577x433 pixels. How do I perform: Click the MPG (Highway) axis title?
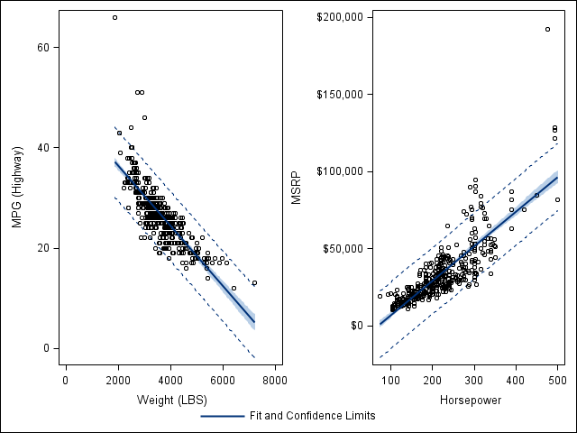[x=16, y=188]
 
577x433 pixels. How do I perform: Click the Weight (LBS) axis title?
[x=171, y=400]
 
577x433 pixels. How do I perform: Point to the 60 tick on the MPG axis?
[x=43, y=47]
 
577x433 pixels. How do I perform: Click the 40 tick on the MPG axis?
[x=43, y=147]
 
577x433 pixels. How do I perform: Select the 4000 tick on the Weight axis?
[x=170, y=381]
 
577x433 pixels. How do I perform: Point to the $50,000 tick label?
[x=342, y=248]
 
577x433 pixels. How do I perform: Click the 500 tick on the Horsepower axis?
[x=557, y=381]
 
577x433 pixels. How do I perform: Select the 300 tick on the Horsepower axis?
[x=473, y=381]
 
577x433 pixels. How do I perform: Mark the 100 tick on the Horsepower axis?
[x=389, y=381]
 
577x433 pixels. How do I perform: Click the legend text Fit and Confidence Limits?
[x=312, y=416]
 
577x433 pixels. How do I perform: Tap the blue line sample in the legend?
[x=222, y=416]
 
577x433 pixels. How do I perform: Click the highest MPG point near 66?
[x=114, y=17]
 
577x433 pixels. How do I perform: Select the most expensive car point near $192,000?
[x=547, y=29]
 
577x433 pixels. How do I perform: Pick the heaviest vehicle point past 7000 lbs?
[x=254, y=282]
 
